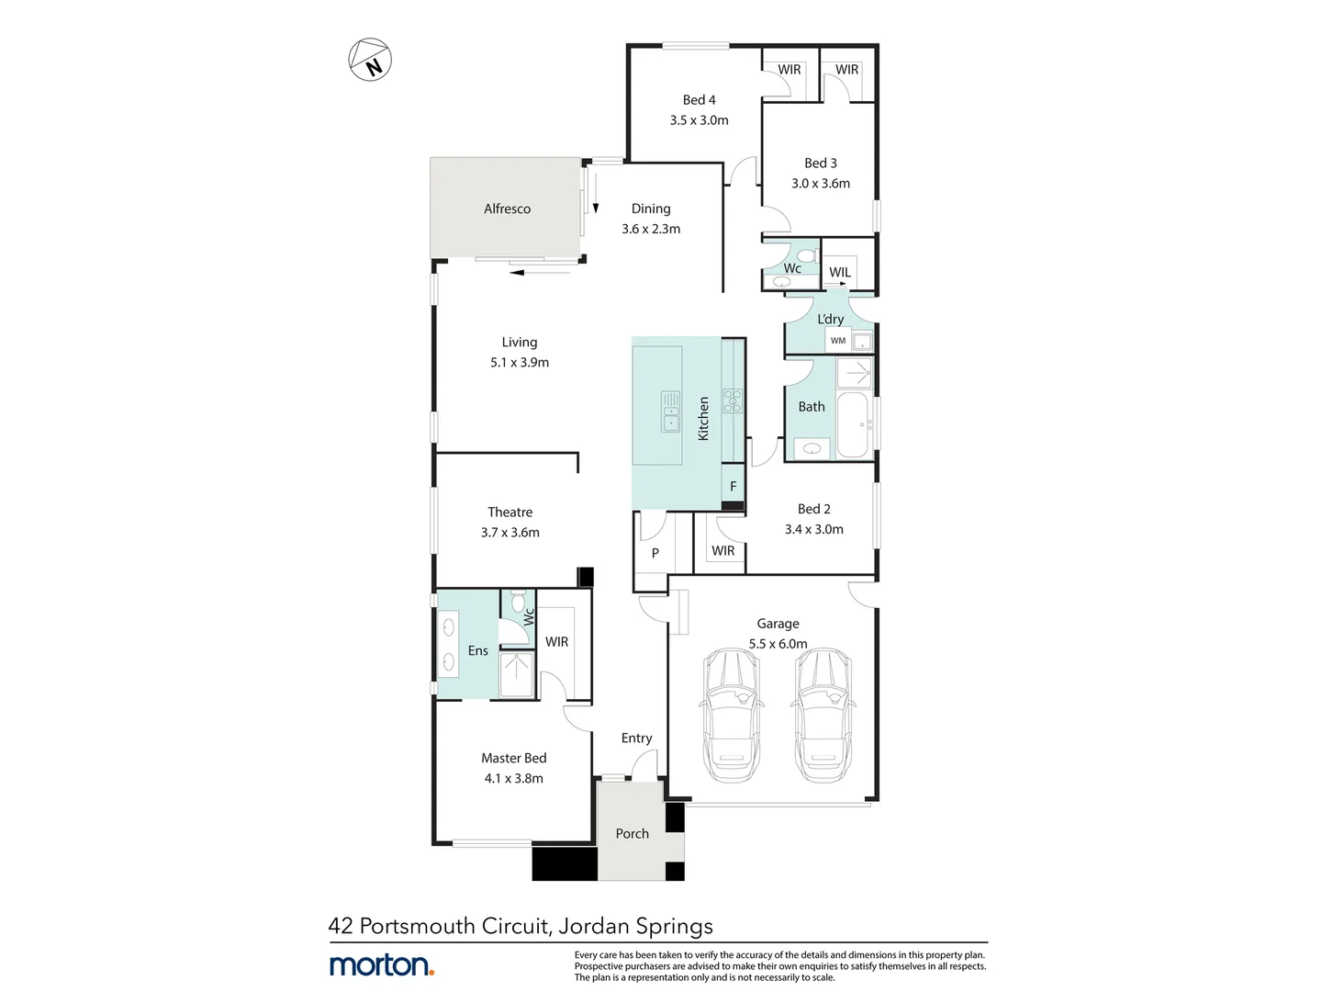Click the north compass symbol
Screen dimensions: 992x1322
pyautogui.click(x=370, y=61)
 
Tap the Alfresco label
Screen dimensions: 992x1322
pyautogui.click(x=507, y=209)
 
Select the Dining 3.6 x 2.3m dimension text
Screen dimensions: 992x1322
pyautogui.click(x=650, y=229)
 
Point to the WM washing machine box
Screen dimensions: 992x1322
pyautogui.click(x=838, y=341)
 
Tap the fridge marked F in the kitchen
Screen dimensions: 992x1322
pyautogui.click(x=733, y=486)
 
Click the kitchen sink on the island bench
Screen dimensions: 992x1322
pyautogui.click(x=671, y=411)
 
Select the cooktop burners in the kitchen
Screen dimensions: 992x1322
pyautogui.click(x=734, y=400)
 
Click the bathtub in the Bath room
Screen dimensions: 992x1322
pyautogui.click(x=853, y=424)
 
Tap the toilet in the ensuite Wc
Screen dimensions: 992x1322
pyautogui.click(x=520, y=603)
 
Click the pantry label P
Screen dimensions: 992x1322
pyautogui.click(x=655, y=553)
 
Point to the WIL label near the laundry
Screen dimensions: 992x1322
pyautogui.click(x=839, y=272)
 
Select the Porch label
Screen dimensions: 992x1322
pyautogui.click(x=632, y=833)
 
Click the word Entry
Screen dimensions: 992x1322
pyautogui.click(x=636, y=738)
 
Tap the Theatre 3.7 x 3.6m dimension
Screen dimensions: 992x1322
pyautogui.click(x=510, y=532)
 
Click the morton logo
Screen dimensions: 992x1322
pyautogui.click(x=381, y=964)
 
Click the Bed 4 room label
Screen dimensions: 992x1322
pyautogui.click(x=699, y=99)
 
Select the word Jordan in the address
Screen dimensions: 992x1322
pyautogui.click(x=593, y=926)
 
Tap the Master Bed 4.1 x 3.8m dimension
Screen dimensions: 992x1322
pyautogui.click(x=513, y=778)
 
